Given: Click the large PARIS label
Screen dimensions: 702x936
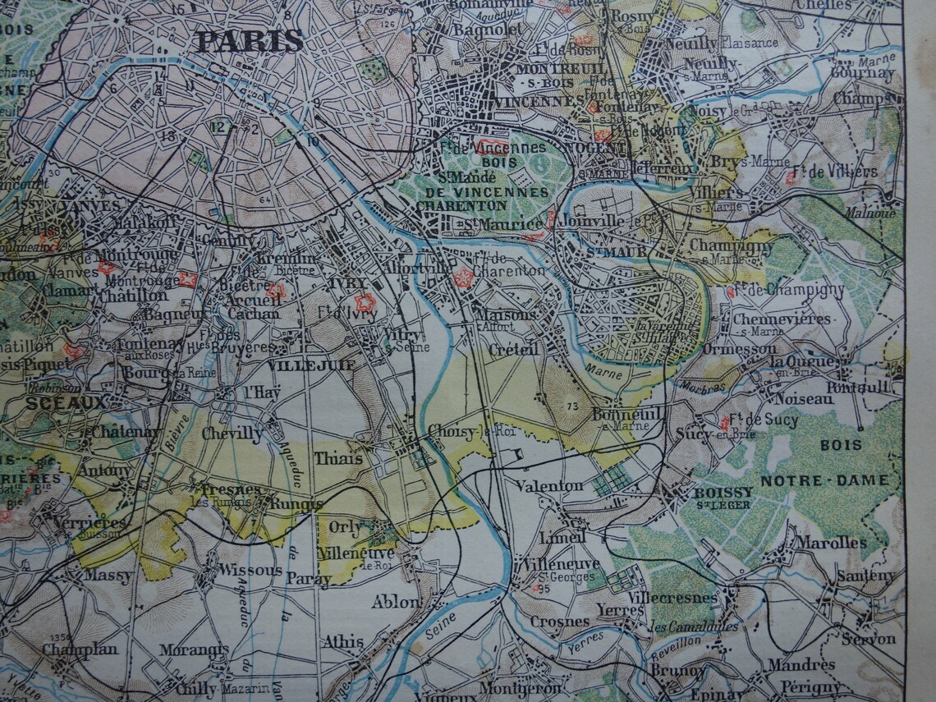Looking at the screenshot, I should (250, 39).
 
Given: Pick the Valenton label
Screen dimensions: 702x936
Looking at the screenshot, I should (549, 485).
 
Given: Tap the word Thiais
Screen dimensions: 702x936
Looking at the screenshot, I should (337, 458).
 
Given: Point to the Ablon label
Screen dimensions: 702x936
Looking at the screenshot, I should (396, 601).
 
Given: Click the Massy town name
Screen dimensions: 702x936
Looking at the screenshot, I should (108, 576).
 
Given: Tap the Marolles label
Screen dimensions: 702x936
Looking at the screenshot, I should (830, 543).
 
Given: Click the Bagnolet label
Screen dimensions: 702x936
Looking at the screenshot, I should (466, 30).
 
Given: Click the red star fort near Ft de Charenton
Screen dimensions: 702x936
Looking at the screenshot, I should (463, 278).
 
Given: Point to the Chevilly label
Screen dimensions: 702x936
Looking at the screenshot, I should (232, 433).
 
